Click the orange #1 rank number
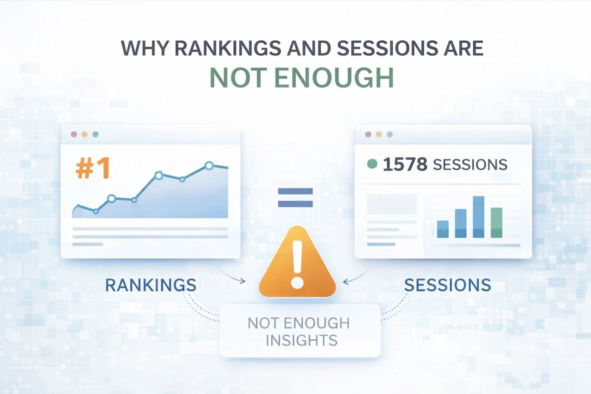pyautogui.click(x=93, y=168)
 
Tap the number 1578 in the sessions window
pyautogui.click(x=405, y=164)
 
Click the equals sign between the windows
pyautogui.click(x=295, y=197)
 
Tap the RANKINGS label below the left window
pyautogui.click(x=150, y=285)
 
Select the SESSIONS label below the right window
pyautogui.click(x=447, y=285)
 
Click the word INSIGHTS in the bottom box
pyautogui.click(x=301, y=341)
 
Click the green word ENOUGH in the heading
pyautogui.click(x=334, y=78)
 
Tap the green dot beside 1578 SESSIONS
pyautogui.click(x=372, y=164)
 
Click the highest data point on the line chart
pyautogui.click(x=209, y=166)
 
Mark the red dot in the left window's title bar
pyautogui.click(x=74, y=134)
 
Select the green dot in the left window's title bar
pyautogui.click(x=95, y=134)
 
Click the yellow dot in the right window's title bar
pyautogui.click(x=379, y=134)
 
